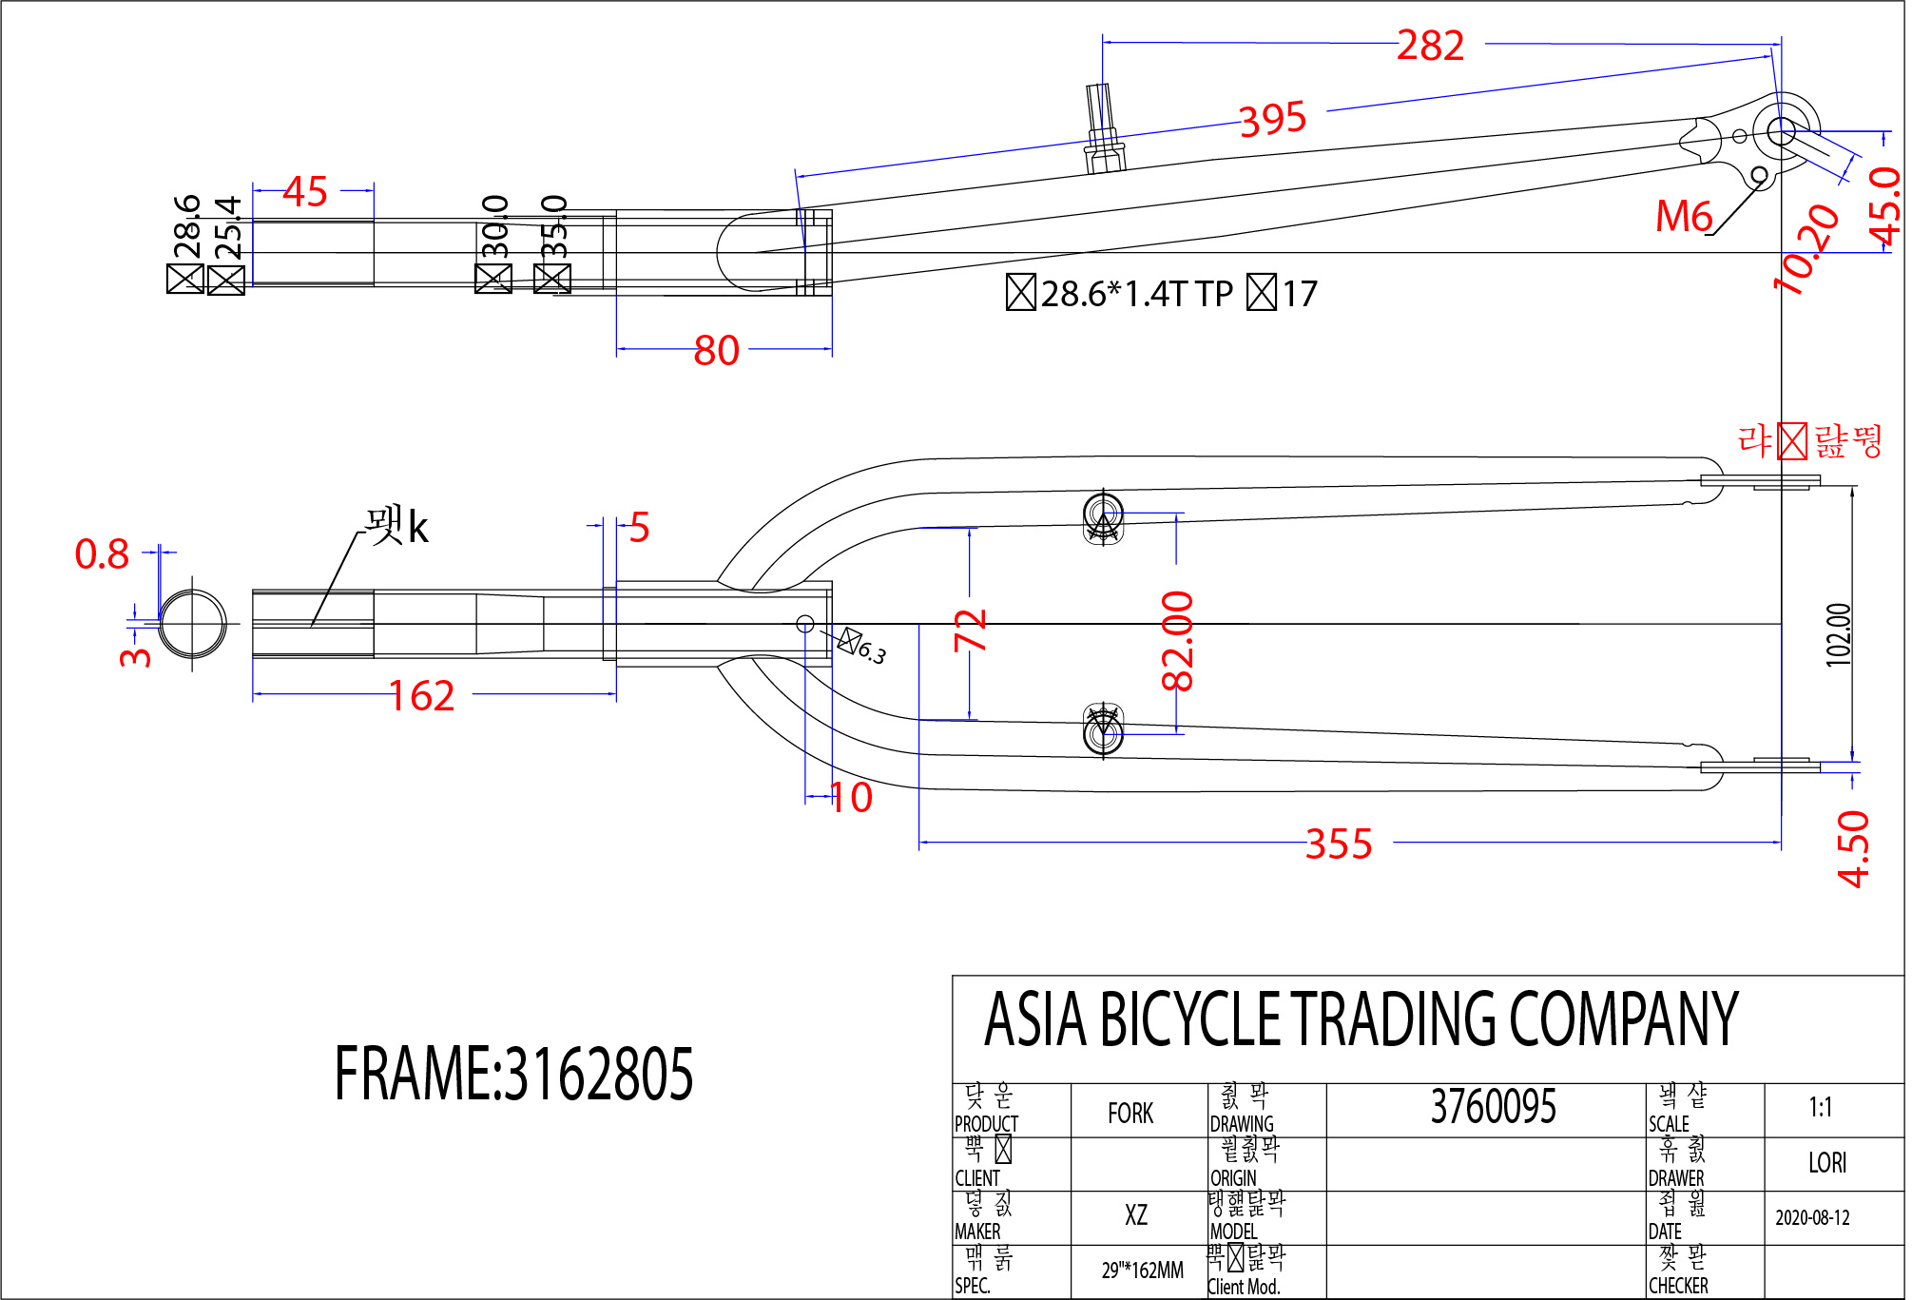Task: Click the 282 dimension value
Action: tap(1430, 46)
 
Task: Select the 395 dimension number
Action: tap(1273, 119)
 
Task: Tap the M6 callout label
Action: tap(1683, 217)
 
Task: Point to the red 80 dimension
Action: tap(716, 351)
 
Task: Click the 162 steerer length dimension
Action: tap(421, 696)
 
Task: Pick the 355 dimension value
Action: tap(1339, 844)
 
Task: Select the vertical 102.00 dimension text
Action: tap(1839, 634)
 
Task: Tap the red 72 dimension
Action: tap(971, 631)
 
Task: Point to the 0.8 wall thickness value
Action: tap(102, 554)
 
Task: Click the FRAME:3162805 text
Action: tap(513, 1075)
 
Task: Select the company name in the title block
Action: tap(1361, 1019)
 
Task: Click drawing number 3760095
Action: tap(1493, 1108)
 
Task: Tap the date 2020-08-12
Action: tap(1812, 1218)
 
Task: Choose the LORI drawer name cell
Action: tap(1826, 1163)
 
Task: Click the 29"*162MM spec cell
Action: tap(1142, 1271)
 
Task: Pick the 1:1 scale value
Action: tap(1820, 1108)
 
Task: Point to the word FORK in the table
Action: tap(1130, 1114)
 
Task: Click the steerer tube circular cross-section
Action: tap(193, 624)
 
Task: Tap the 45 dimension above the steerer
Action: tap(305, 192)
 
